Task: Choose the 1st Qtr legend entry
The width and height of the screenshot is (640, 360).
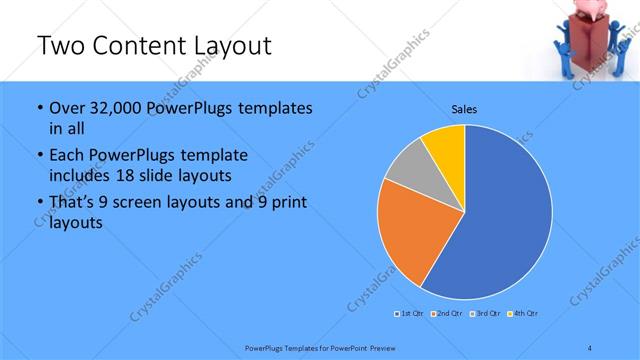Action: click(x=410, y=314)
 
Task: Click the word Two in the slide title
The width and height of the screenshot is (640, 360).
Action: click(x=61, y=46)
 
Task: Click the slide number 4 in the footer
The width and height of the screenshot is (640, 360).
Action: click(x=590, y=347)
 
